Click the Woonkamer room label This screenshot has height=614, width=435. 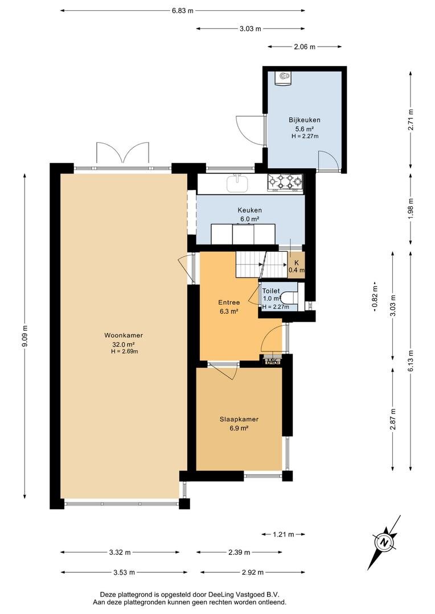pyautogui.click(x=123, y=335)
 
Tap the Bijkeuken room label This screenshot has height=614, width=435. pyautogui.click(x=305, y=120)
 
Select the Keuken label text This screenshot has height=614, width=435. pyautogui.click(x=249, y=210)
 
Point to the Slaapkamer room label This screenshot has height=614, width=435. pyautogui.click(x=239, y=420)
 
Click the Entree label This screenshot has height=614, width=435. pyautogui.click(x=229, y=302)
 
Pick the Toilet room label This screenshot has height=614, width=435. pyautogui.click(x=271, y=291)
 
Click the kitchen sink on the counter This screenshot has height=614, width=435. pyautogui.click(x=237, y=184)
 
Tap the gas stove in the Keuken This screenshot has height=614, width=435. pyautogui.click(x=285, y=183)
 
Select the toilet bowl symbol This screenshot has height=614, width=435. pyautogui.click(x=290, y=297)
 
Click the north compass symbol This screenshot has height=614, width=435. pyautogui.click(x=384, y=542)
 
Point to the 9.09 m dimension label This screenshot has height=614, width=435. pyautogui.click(x=24, y=337)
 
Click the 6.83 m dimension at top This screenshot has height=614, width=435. pyautogui.click(x=182, y=11)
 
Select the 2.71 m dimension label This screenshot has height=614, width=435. pyautogui.click(x=411, y=119)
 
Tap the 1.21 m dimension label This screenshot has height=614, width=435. pyautogui.click(x=283, y=534)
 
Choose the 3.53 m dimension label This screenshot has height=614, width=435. pyautogui.click(x=124, y=572)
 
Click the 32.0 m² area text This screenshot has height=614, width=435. pyautogui.click(x=124, y=345)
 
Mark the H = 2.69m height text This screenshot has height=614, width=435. pyautogui.click(x=124, y=352)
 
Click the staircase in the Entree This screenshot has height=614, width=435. pyautogui.click(x=262, y=264)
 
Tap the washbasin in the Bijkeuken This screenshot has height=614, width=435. pyautogui.click(x=283, y=78)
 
